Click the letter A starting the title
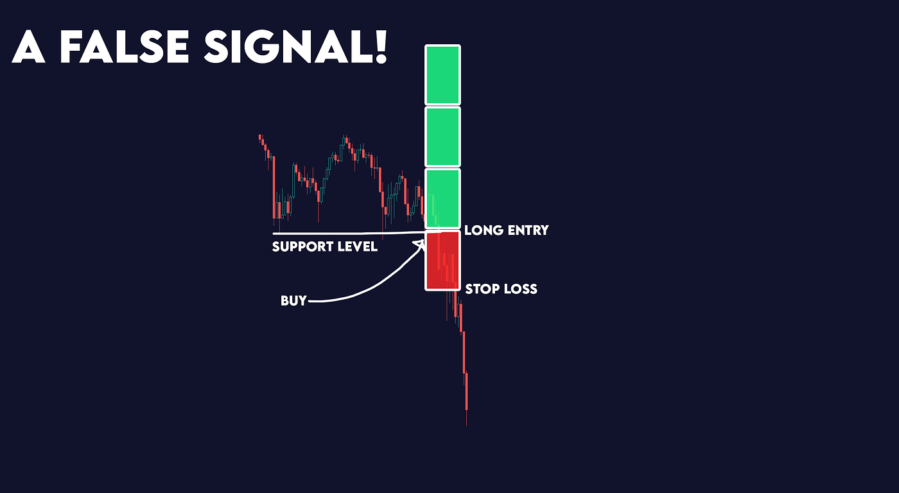(28, 46)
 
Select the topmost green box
(442, 74)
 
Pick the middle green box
(442, 136)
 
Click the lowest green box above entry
(442, 198)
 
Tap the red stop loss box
(442, 261)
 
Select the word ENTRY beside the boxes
(528, 230)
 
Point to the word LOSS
(521, 289)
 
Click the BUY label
(293, 300)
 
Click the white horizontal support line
(347, 233)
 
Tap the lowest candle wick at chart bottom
(466, 417)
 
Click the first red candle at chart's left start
(260, 137)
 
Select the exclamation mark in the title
(381, 46)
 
